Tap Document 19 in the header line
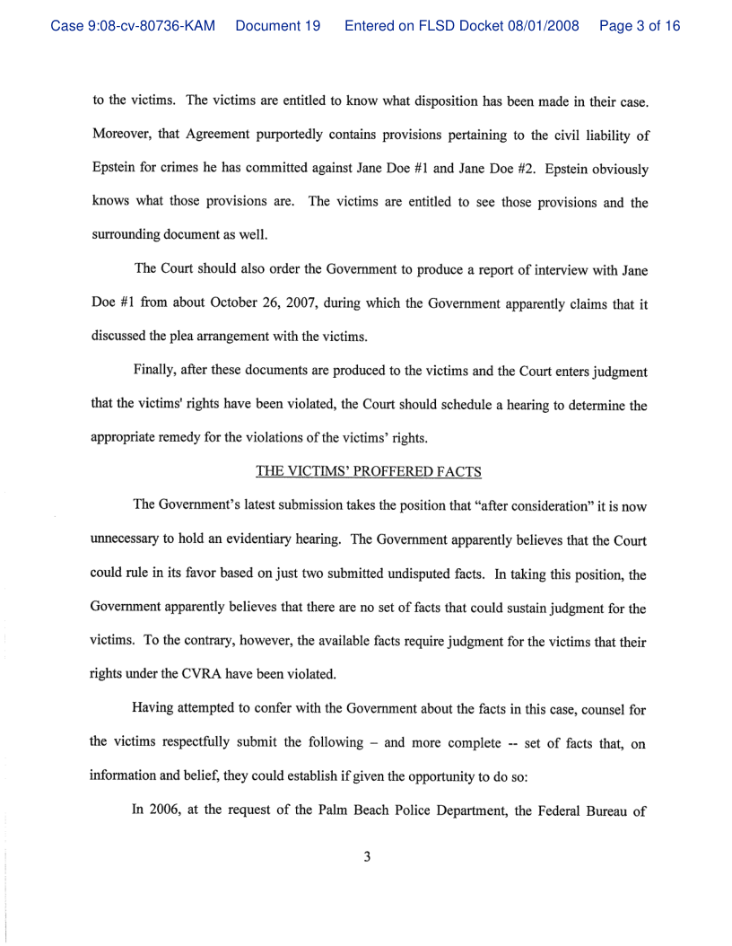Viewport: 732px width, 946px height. [278, 26]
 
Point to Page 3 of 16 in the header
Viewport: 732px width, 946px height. [640, 26]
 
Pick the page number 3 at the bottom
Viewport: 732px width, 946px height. [367, 855]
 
